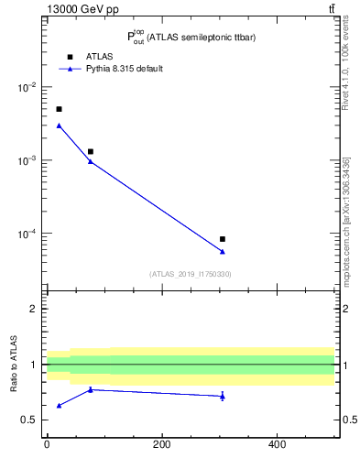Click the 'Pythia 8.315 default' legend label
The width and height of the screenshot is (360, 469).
pyautogui.click(x=125, y=69)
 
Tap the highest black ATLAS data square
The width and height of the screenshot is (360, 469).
pyautogui.click(x=59, y=109)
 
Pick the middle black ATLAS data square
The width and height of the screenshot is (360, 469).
pyautogui.click(x=90, y=151)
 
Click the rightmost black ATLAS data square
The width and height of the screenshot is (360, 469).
pyautogui.click(x=223, y=239)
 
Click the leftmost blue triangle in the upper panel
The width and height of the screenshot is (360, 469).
pyautogui.click(x=59, y=125)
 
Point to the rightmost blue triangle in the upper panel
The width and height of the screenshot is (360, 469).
pyautogui.click(x=223, y=251)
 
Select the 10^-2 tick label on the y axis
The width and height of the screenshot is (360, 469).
pyautogui.click(x=27, y=87)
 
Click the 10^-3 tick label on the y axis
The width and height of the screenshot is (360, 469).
pyautogui.click(x=27, y=160)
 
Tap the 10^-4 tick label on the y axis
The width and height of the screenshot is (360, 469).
pyautogui.click(x=27, y=234)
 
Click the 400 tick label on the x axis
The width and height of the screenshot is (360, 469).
pyautogui.click(x=277, y=445)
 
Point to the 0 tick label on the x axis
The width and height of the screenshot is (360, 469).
pyautogui.click(x=47, y=445)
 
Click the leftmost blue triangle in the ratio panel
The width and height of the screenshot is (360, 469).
pyautogui.click(x=59, y=405)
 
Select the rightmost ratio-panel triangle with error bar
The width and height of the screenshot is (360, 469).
pyautogui.click(x=223, y=396)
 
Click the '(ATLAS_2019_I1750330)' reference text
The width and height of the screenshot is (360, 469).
pyautogui.click(x=190, y=274)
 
